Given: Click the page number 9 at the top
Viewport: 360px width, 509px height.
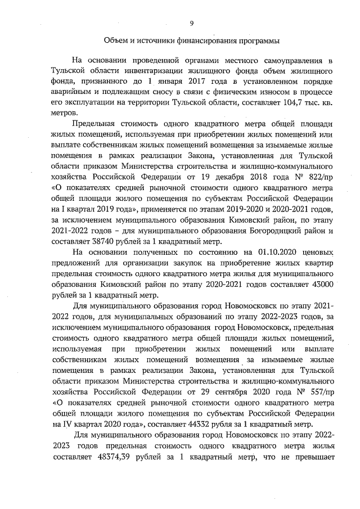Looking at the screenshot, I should tap(191, 23).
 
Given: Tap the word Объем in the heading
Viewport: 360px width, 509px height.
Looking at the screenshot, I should tap(118, 41).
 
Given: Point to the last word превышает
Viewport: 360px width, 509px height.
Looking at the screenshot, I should tap(312, 457).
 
